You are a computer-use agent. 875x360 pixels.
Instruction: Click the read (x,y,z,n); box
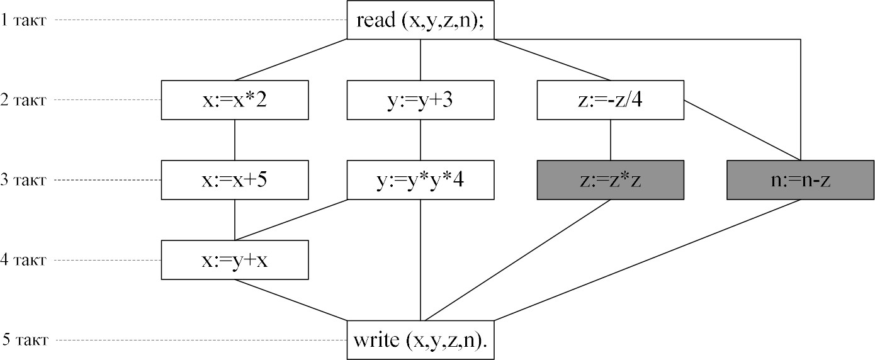pos(421,20)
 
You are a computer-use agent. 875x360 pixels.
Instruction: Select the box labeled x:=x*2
pos(235,100)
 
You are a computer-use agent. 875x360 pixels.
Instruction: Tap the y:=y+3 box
pos(421,100)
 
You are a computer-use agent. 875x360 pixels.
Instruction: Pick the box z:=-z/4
pos(609,100)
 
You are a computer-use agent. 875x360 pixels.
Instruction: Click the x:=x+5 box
pos(235,180)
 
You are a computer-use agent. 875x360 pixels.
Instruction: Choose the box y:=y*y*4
pos(421,180)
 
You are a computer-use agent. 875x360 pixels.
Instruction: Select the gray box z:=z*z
pos(609,180)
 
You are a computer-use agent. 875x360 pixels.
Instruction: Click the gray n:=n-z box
pos(800,180)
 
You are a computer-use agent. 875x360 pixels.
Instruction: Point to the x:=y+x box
pos(235,260)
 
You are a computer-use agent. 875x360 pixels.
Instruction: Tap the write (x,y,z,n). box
pos(421,340)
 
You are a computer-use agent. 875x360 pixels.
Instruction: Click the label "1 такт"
pos(23,20)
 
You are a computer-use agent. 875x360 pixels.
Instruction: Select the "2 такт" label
pos(23,100)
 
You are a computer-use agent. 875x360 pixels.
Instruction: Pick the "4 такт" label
pos(23,260)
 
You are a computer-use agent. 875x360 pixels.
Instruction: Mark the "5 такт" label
pos(23,340)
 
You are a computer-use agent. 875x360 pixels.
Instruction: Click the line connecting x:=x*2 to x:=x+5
pos(235,140)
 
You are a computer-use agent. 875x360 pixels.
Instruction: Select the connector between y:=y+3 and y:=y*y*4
pos(421,140)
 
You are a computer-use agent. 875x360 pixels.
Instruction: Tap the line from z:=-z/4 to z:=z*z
pos(609,140)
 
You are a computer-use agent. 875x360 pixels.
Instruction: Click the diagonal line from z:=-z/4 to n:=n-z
pos(743,131)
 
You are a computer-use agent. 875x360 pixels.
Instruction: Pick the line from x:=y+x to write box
pos(291,300)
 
